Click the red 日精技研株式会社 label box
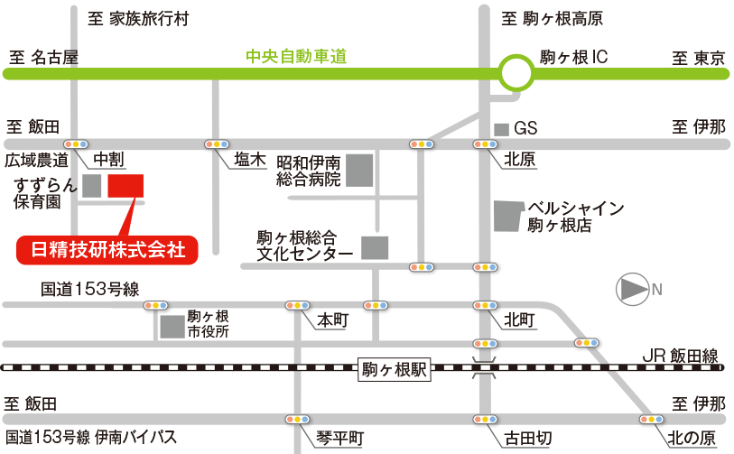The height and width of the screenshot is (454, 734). [107, 249]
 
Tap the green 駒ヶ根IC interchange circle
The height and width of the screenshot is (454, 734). [516, 73]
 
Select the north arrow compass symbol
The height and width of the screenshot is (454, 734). [632, 290]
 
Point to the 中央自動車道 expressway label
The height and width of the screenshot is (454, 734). [296, 57]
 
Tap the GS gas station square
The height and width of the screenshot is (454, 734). [501, 129]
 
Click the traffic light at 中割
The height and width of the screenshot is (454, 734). [76, 144]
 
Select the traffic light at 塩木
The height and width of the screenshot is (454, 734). [216, 144]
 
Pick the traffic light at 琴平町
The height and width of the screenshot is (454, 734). [297, 420]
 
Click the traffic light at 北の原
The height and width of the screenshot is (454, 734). [653, 420]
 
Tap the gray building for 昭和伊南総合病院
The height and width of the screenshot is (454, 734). [360, 171]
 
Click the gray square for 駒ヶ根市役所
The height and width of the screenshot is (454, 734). [172, 327]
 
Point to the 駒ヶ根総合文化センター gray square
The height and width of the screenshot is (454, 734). [374, 247]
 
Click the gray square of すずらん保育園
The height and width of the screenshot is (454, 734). [91, 186]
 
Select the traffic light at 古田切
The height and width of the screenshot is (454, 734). [486, 420]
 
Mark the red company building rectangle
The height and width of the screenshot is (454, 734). [125, 185]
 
